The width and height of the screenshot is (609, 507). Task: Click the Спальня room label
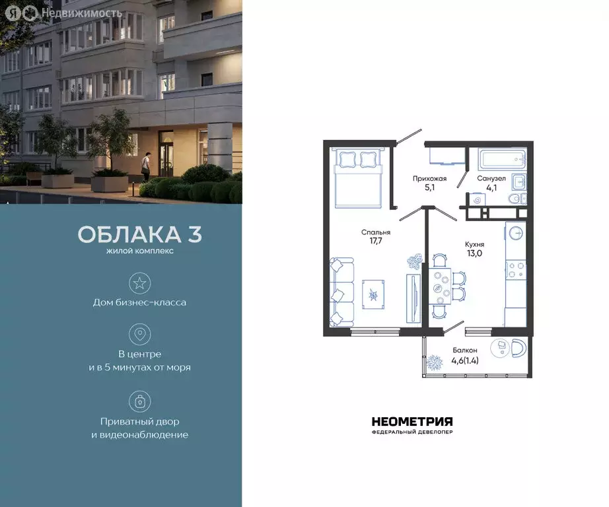[376, 232]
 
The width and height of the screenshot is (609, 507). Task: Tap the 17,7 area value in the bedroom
[376, 242]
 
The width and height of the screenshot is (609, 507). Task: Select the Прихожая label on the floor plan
[429, 178]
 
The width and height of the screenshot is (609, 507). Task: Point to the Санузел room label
[491, 178]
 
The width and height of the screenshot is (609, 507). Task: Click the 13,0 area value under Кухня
[474, 253]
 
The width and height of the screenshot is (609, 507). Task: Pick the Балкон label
[466, 351]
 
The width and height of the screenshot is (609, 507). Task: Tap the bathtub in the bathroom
[502, 160]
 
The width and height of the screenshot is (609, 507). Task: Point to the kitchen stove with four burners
[515, 269]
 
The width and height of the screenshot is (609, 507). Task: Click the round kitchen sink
[516, 232]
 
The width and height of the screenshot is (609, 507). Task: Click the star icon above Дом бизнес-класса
[139, 283]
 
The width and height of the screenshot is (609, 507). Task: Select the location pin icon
[139, 334]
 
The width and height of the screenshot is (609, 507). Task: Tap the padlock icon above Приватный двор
[139, 401]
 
